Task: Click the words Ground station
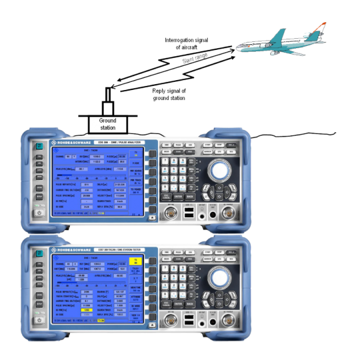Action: (107, 124)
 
